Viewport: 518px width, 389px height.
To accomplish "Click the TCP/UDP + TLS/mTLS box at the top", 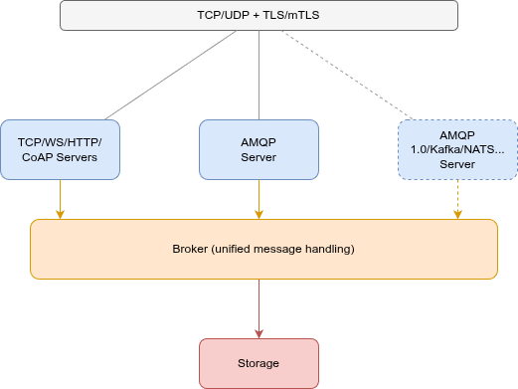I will coord(259,16).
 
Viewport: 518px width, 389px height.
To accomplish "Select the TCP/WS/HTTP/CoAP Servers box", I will coord(60,149).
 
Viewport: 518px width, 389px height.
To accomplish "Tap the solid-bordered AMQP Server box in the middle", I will coord(259,149).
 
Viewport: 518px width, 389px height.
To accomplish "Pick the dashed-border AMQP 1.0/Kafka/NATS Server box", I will coord(457,149).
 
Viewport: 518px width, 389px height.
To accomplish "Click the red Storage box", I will coord(259,363).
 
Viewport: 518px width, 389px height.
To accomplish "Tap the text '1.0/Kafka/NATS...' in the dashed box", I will coord(458,149).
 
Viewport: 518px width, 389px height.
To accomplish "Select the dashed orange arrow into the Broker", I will coord(458,199).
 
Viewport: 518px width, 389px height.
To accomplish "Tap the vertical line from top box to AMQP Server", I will coord(259,75).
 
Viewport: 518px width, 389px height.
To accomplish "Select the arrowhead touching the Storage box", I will coord(259,333).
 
